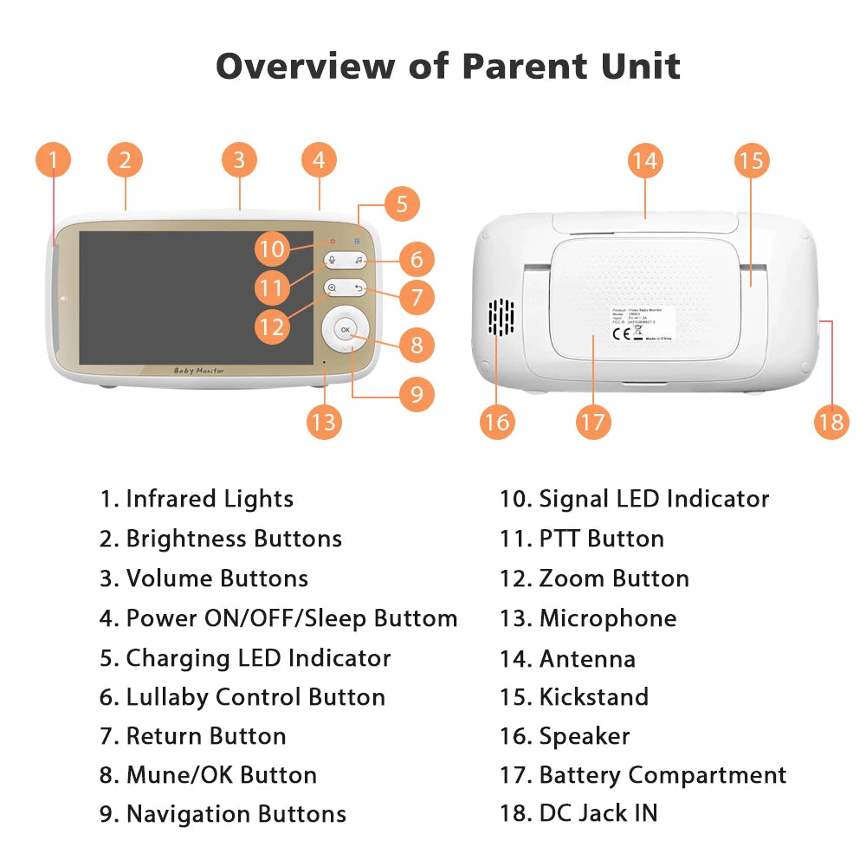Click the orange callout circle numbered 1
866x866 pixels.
coord(53,160)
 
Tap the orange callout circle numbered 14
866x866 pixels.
coord(644,160)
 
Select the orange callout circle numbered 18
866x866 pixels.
coord(830,422)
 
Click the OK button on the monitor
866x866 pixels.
coord(345,330)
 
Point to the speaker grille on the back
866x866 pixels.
coord(501,319)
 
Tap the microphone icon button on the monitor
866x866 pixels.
coord(332,260)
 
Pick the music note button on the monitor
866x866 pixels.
coord(359,260)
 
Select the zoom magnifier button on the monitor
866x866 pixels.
coord(332,288)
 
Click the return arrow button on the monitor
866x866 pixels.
coord(359,288)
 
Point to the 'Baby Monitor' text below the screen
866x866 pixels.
coord(199,371)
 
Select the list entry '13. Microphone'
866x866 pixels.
coord(588,618)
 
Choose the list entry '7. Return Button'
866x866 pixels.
coord(192,736)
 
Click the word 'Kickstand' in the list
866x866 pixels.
coord(593,697)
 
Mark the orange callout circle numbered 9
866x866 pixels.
coord(417,394)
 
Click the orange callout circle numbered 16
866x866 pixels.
coord(497,422)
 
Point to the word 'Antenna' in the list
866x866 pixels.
coord(587,658)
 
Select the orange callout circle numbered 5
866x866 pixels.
coord(402,205)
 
